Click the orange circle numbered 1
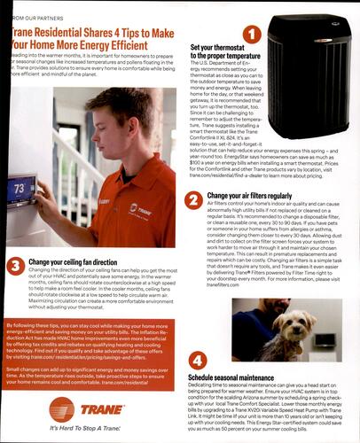point(251,35)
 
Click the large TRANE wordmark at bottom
point(104,408)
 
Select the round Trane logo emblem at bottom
point(62,408)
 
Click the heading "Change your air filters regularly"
point(248,195)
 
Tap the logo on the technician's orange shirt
point(136,209)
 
